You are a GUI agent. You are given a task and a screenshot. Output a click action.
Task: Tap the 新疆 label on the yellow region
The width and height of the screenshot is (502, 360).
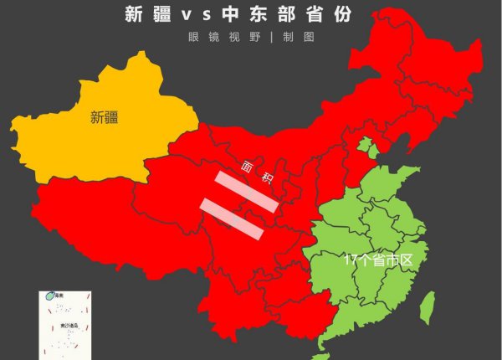(104, 118)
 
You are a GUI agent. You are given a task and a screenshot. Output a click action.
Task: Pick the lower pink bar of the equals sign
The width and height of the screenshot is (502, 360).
(232, 219)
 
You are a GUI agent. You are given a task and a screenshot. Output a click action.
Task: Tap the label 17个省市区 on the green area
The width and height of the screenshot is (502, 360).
(378, 260)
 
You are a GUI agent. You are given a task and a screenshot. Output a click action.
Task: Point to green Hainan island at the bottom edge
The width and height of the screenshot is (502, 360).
(323, 346)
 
